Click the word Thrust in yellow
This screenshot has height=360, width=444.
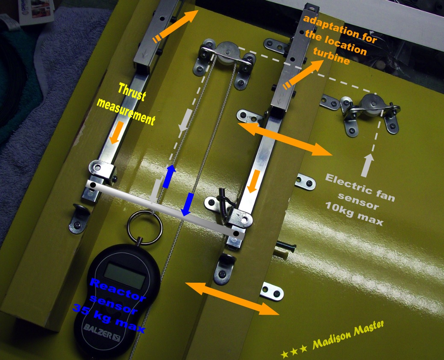click(x=132, y=92)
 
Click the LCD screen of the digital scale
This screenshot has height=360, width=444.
click(x=125, y=275)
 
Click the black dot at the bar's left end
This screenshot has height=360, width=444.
click(x=93, y=185)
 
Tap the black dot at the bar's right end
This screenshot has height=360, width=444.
click(x=236, y=234)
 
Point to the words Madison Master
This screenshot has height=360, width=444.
click(x=348, y=335)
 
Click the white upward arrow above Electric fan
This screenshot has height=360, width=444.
click(x=367, y=166)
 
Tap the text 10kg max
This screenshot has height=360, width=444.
click(x=354, y=214)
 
